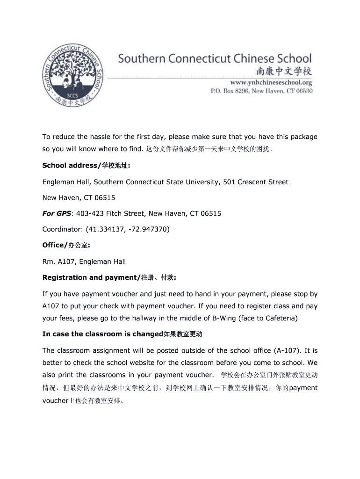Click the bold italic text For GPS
[x=57, y=214]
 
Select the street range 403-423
[x=89, y=214]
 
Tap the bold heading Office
[x=52, y=246]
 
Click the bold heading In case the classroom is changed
[x=101, y=334]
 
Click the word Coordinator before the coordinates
[x=62, y=230]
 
